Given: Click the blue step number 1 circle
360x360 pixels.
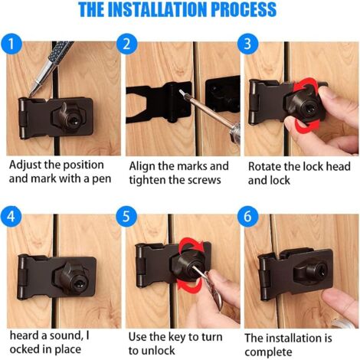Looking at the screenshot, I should (x=11, y=43).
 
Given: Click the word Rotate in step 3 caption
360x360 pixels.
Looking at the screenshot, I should (x=264, y=165).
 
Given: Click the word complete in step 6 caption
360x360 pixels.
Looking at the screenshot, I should (x=269, y=351).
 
